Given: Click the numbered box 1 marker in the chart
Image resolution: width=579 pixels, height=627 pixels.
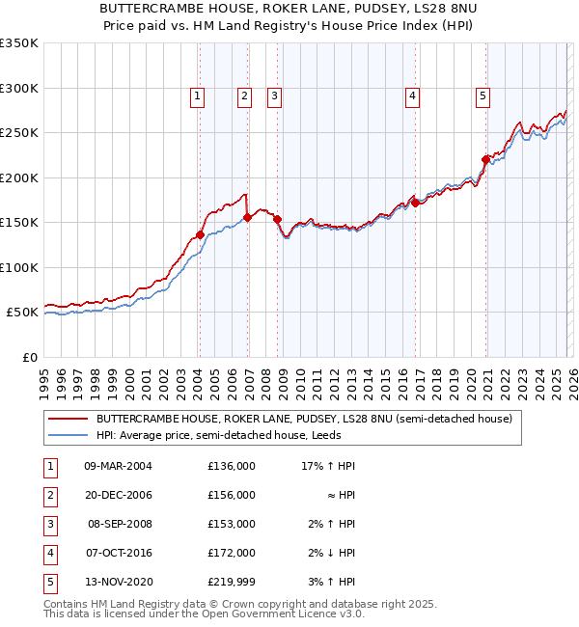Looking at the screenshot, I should (197, 95).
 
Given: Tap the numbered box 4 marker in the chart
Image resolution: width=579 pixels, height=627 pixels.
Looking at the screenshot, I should (412, 95).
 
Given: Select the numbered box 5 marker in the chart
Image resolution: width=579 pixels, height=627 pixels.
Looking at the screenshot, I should (482, 95).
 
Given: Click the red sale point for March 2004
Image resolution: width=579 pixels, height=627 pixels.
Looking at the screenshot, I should (200, 234).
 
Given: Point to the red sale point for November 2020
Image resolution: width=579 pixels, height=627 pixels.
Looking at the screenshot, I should (485, 160).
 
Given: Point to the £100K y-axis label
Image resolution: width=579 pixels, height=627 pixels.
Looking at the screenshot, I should (19, 267).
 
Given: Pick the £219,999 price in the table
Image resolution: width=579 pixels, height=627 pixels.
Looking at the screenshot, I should (232, 582).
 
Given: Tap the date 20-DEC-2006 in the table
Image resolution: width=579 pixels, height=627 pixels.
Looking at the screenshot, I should (119, 495).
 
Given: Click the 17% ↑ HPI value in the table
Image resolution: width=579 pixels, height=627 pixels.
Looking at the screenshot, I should (329, 466).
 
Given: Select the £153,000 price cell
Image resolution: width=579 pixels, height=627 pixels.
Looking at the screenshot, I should (232, 524).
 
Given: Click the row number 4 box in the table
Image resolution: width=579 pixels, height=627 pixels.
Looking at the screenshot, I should (48, 553).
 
